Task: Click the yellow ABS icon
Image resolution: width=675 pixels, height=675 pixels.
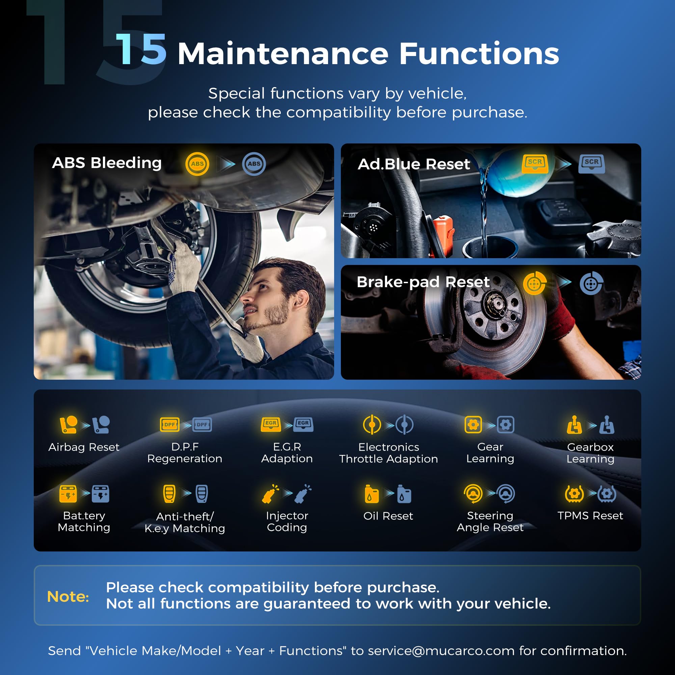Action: [x=197, y=164]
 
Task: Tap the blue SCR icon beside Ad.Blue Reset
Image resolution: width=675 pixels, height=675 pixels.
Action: [x=592, y=164]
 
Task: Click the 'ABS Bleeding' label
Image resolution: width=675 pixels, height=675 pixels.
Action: [x=107, y=163]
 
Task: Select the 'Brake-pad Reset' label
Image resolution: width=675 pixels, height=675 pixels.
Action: [x=423, y=282]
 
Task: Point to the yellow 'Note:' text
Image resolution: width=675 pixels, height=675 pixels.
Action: [x=68, y=596]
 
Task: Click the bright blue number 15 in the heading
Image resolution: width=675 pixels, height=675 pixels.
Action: [x=141, y=50]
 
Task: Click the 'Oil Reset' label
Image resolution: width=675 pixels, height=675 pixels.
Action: [x=388, y=516]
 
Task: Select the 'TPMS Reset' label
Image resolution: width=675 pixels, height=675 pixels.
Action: [x=590, y=515]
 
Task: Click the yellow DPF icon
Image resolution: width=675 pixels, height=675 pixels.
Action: [x=170, y=425]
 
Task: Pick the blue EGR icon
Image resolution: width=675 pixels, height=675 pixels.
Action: [x=303, y=424]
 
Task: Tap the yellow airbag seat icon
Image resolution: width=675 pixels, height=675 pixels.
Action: [x=69, y=425]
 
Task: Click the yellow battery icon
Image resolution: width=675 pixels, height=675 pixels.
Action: [x=68, y=494]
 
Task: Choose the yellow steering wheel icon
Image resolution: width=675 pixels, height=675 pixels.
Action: [x=473, y=494]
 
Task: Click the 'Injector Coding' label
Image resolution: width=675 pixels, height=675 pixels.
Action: [x=287, y=521]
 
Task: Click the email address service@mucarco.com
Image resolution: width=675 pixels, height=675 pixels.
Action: [x=441, y=651]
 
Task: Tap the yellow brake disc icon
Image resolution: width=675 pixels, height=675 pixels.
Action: [x=535, y=283]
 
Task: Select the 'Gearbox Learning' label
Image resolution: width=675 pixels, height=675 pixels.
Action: [x=590, y=453]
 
